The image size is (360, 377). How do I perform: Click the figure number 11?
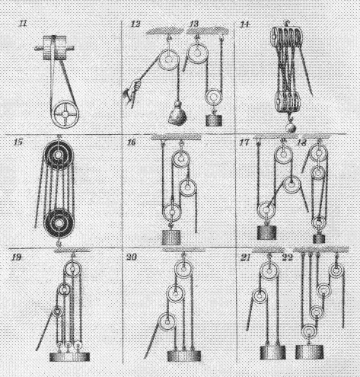point(23,24)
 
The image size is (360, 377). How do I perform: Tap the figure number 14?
point(245,24)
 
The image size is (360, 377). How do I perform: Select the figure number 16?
point(132,142)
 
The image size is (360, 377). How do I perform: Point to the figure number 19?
point(16,257)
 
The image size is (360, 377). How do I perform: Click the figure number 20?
point(132,257)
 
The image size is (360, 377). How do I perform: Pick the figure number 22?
point(288,257)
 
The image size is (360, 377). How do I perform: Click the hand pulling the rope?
point(132,93)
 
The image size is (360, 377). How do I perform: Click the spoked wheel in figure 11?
point(65,114)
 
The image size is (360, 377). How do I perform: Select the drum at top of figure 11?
point(55,48)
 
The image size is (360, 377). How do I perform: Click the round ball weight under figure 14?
point(291,127)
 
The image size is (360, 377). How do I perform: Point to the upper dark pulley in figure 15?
point(59,155)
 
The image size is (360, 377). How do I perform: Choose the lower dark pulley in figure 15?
point(59,223)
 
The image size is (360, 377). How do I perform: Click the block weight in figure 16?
point(171,237)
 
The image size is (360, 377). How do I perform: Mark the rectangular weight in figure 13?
point(214,120)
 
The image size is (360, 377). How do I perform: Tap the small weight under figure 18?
point(319,238)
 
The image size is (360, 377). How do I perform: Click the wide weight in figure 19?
point(69,357)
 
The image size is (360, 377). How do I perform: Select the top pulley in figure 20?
point(183,268)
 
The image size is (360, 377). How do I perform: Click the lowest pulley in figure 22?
point(309,331)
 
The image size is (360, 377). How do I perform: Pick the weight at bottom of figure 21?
point(272,353)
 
